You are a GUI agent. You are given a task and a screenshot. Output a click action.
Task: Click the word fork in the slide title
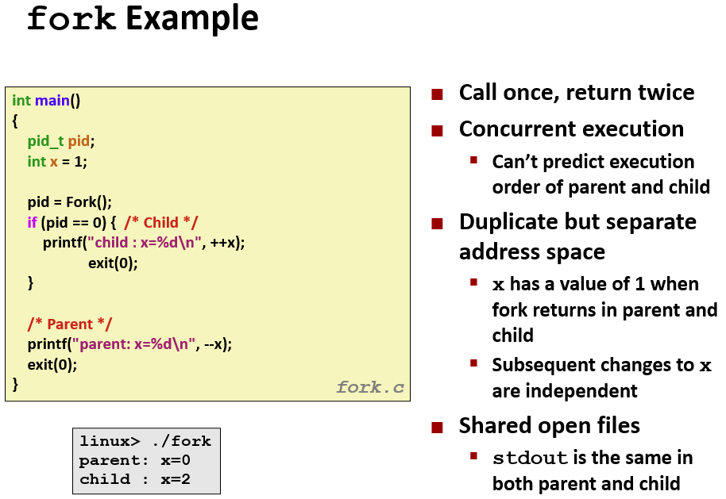(x=71, y=18)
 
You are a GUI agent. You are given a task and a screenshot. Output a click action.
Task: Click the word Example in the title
(x=192, y=19)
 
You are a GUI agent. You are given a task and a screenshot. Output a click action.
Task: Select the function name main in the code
(x=52, y=100)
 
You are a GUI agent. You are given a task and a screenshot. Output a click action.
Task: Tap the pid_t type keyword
(x=45, y=141)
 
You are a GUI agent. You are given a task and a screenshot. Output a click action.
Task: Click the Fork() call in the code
(x=89, y=202)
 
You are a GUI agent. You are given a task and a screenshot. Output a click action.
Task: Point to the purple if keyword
(x=32, y=222)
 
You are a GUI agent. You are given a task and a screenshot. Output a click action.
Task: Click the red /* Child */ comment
(x=160, y=222)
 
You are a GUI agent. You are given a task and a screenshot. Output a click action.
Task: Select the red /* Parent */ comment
(x=69, y=324)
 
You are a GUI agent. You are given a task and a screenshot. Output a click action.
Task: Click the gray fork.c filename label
(x=370, y=387)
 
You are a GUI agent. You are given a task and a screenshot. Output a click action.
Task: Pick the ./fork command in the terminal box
(x=181, y=441)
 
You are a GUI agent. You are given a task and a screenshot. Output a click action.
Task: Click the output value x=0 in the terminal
(x=176, y=460)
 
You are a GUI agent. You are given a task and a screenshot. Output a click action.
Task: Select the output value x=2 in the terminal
(x=176, y=479)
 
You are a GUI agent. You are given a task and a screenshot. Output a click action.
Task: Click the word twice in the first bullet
(x=666, y=92)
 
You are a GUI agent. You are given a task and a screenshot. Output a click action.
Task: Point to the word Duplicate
(x=516, y=223)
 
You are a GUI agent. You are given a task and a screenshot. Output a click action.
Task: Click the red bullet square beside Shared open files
(x=437, y=428)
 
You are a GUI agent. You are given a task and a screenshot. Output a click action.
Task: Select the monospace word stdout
(x=530, y=458)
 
